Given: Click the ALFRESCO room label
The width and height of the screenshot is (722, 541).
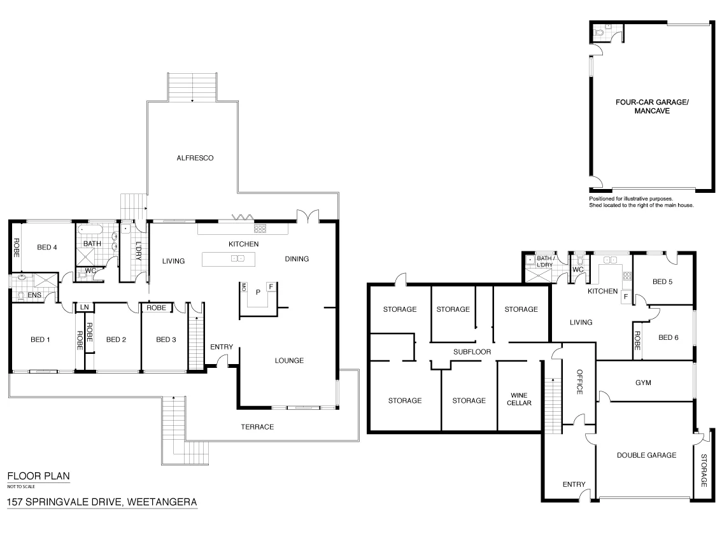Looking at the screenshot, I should (x=195, y=158).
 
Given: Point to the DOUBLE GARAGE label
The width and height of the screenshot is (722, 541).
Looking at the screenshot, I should (x=646, y=455).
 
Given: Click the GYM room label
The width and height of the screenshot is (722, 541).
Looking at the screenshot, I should (x=644, y=383).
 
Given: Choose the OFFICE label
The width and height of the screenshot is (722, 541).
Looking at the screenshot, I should (x=580, y=382).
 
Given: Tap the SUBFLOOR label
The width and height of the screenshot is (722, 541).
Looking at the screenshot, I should (x=472, y=351).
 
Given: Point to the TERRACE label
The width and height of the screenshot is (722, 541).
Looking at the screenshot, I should (x=257, y=426).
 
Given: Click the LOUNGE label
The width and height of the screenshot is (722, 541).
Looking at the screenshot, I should (x=289, y=360).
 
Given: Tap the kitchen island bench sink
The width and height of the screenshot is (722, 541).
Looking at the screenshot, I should (x=237, y=259).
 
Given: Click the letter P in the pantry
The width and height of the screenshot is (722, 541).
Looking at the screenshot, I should (x=258, y=293).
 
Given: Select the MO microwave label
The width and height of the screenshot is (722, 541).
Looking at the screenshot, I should (x=243, y=287).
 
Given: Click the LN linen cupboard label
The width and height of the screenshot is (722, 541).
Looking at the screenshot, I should (x=84, y=307).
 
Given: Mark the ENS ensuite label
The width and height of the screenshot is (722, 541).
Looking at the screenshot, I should (x=33, y=295).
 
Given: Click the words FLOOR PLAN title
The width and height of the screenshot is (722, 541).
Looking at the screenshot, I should (x=38, y=476).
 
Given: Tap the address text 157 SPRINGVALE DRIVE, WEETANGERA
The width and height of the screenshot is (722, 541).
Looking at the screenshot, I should (x=102, y=502).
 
